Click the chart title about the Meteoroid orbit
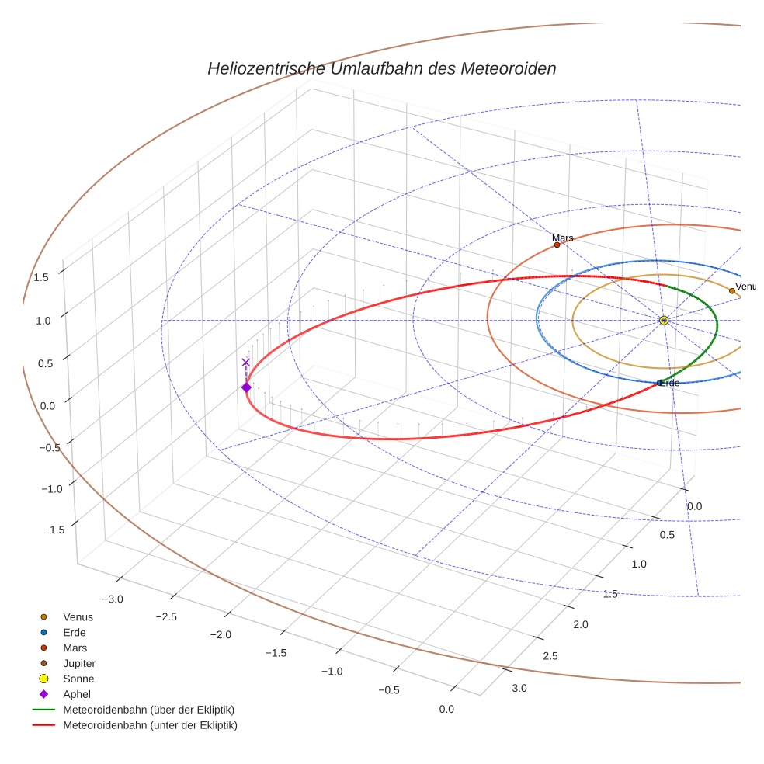tap(381, 68)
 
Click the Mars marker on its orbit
tap(557, 245)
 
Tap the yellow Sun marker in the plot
tap(664, 320)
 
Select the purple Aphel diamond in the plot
tap(246, 387)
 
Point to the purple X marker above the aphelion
tap(246, 363)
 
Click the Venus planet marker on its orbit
tap(731, 291)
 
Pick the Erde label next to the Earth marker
tap(670, 383)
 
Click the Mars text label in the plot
tap(563, 238)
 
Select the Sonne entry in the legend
tap(78, 679)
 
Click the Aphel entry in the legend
tap(77, 694)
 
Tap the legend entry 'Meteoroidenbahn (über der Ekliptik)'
tap(148, 710)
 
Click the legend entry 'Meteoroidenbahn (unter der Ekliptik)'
tap(150, 725)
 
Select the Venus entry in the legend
tap(78, 616)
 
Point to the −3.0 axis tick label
tap(113, 599)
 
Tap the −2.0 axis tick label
tap(221, 634)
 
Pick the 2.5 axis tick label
tap(550, 656)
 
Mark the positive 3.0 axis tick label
tap(519, 688)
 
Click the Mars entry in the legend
tap(75, 648)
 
